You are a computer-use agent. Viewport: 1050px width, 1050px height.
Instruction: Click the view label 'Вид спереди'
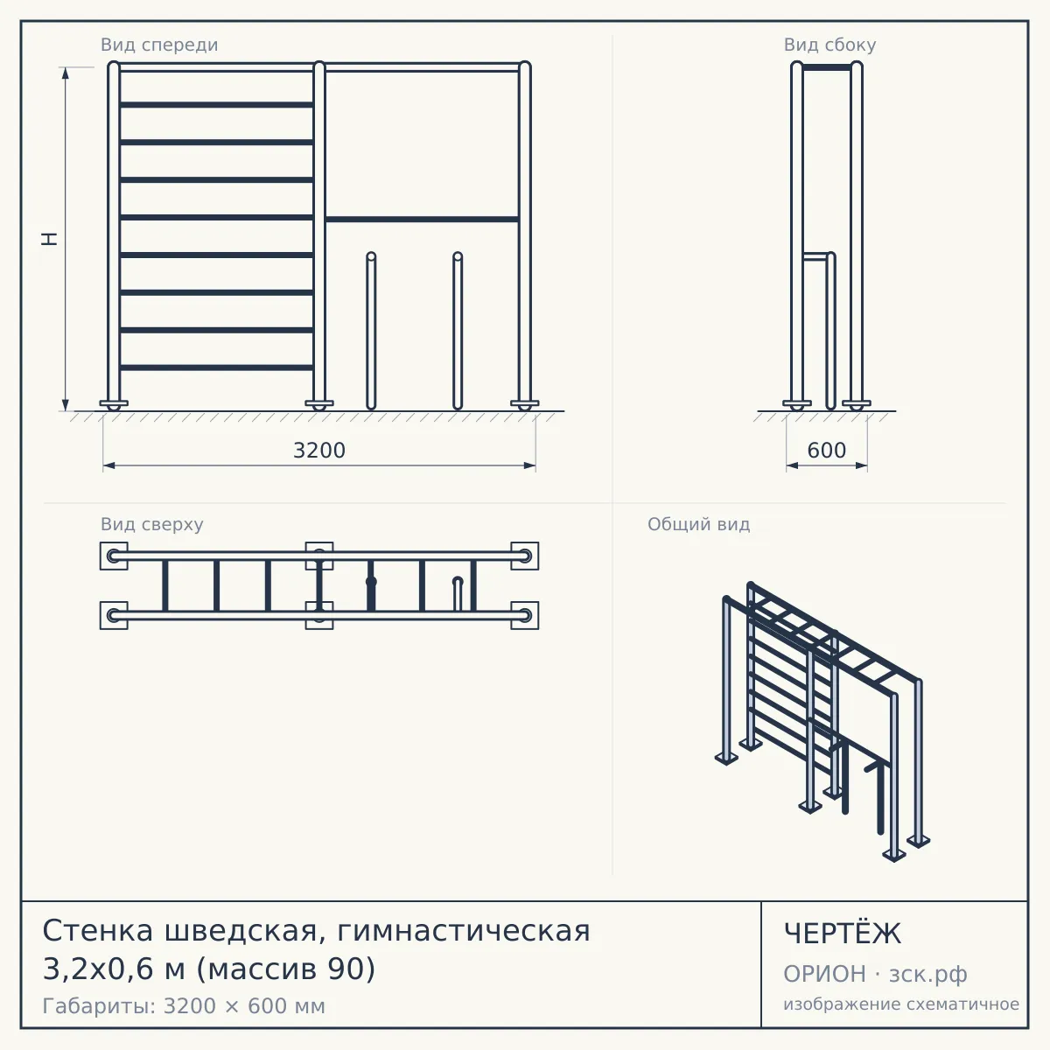click(159, 45)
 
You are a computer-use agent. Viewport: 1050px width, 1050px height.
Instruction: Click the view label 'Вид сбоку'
click(829, 45)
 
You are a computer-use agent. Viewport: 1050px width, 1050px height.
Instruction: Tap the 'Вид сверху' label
click(151, 524)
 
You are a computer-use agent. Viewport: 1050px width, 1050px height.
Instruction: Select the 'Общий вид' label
click(698, 524)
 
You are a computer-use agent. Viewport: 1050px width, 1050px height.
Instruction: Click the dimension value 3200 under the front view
click(319, 451)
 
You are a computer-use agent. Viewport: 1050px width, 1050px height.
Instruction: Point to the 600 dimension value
click(827, 451)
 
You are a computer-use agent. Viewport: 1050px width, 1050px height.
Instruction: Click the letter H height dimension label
click(50, 239)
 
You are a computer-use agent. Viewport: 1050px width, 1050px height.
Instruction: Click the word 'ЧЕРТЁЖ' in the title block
click(843, 934)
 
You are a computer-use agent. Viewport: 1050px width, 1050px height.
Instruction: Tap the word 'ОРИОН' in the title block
click(824, 974)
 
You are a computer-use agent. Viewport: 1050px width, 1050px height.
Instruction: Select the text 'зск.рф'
click(928, 974)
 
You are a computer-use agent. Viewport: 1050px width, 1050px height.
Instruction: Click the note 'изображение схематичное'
click(901, 1004)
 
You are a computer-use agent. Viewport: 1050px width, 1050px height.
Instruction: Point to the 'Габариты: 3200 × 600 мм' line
click(184, 1006)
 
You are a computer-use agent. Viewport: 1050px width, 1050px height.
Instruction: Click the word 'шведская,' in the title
click(241, 931)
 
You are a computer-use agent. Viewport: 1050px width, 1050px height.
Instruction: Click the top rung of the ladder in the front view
click(216, 105)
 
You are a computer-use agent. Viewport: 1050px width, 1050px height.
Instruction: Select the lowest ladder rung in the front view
click(216, 367)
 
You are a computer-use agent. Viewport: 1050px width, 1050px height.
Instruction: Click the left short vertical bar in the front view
click(371, 331)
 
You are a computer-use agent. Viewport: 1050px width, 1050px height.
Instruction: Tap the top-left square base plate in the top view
click(114, 556)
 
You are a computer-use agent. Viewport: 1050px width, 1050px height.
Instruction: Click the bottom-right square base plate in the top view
click(525, 616)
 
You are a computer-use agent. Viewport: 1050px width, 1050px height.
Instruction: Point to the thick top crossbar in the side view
click(827, 67)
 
